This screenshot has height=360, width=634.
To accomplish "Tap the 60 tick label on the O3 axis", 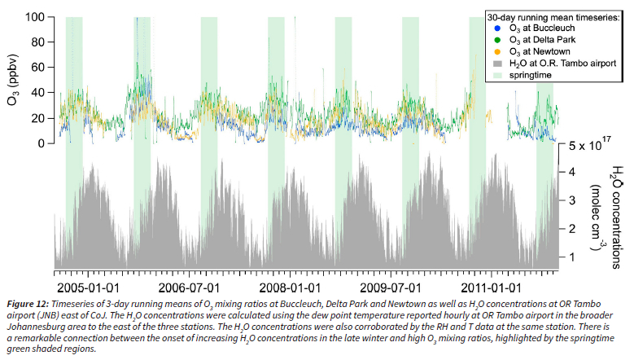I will pyautogui.click(x=37, y=68).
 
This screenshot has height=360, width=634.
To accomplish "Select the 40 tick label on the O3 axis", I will pyautogui.click(x=37, y=93).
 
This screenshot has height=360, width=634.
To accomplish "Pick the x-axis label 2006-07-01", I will pyautogui.click(x=188, y=288).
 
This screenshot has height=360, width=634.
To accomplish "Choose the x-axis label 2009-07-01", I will pyautogui.click(x=390, y=288).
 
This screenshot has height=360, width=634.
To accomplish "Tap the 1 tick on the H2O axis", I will pyautogui.click(x=573, y=257).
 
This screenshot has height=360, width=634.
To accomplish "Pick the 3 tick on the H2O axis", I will pyautogui.click(x=573, y=200).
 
